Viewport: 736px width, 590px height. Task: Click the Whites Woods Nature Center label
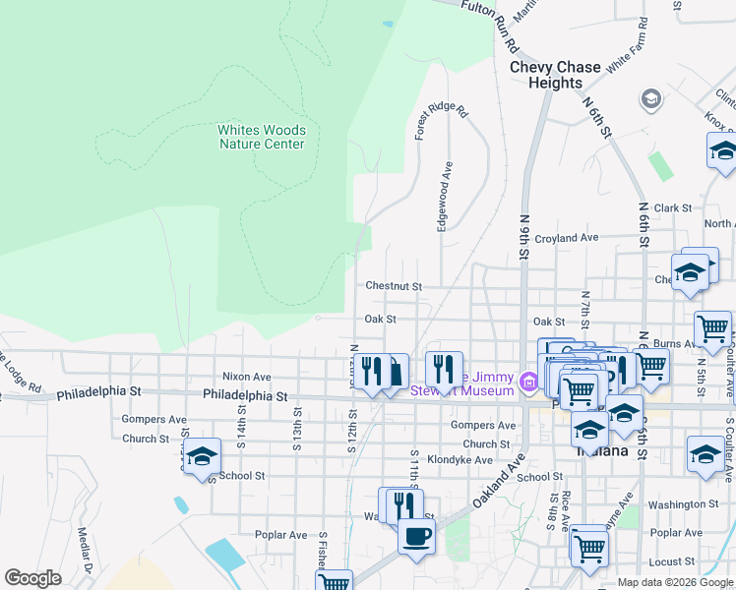[x=261, y=137]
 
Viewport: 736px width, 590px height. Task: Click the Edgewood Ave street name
[x=444, y=197]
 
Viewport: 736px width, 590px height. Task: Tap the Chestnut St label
[x=394, y=286]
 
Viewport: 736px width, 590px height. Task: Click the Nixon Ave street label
[x=246, y=377]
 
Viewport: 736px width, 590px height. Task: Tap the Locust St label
[x=672, y=561]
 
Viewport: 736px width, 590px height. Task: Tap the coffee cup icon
[x=415, y=537]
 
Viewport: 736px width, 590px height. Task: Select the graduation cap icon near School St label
[x=201, y=456]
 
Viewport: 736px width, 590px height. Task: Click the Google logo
[x=33, y=577]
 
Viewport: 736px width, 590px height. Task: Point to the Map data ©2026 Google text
[x=674, y=582]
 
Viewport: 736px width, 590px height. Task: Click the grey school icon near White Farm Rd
[x=650, y=98]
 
